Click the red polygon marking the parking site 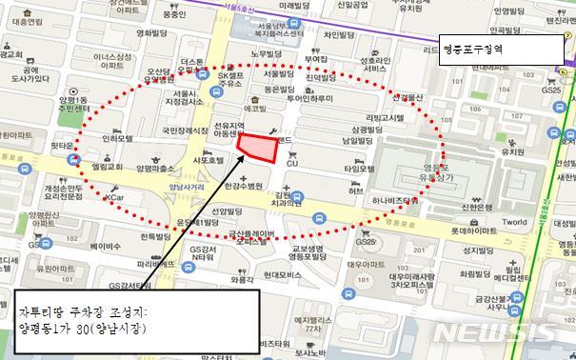click(256, 147)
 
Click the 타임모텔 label click(359, 169)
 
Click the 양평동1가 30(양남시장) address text click(87, 326)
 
